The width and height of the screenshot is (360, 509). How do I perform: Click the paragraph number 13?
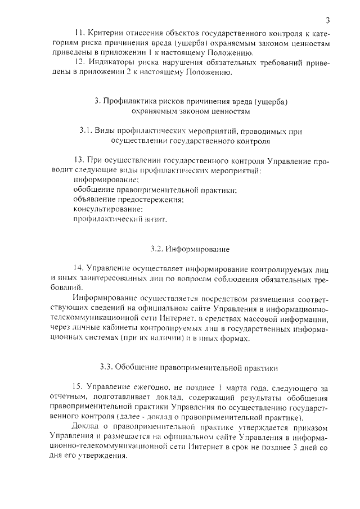(x=78, y=160)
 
